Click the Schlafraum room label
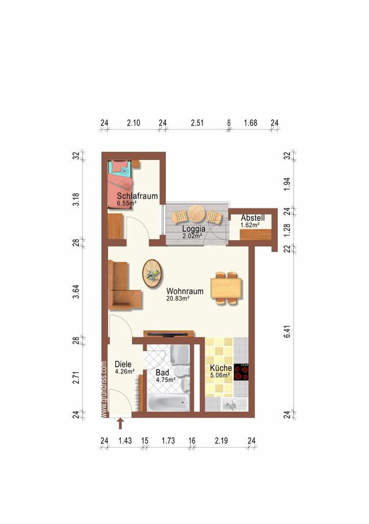pyautogui.click(x=137, y=196)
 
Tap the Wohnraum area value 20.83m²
pyautogui.click(x=178, y=299)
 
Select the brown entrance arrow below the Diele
pyautogui.click(x=120, y=424)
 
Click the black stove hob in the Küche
pyautogui.click(x=241, y=372)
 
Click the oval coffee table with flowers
pyautogui.click(x=153, y=273)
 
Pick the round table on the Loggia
pyautogui.click(x=197, y=213)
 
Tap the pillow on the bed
pyautogui.click(x=124, y=170)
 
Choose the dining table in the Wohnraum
pyautogui.click(x=227, y=288)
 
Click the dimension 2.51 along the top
pyautogui.click(x=197, y=123)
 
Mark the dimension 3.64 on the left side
pyautogui.click(x=76, y=291)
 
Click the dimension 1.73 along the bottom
pyautogui.click(x=168, y=440)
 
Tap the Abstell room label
pyautogui.click(x=253, y=218)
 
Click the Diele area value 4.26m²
pyautogui.click(x=124, y=371)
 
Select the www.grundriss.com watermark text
pyautogui.click(x=104, y=389)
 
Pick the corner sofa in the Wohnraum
pyautogui.click(x=124, y=285)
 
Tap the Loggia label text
pyautogui.click(x=194, y=229)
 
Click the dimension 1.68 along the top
pyautogui.click(x=251, y=123)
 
